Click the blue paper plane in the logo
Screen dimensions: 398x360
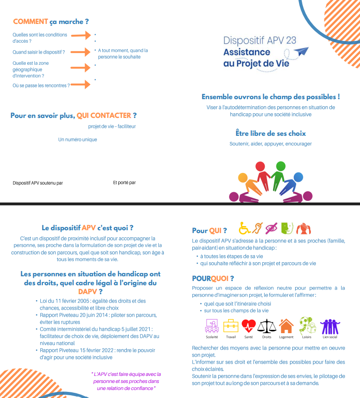[303, 51]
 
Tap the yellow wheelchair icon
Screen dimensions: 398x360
[245, 228]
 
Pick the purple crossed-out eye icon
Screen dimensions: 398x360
[271, 228]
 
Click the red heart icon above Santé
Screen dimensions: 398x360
[249, 325]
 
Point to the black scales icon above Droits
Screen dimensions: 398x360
[267, 325]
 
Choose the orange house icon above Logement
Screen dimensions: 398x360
[286, 325]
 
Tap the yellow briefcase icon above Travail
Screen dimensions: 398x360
[230, 325]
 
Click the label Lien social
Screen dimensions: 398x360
[329, 337]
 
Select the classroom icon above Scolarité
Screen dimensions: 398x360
[212, 325]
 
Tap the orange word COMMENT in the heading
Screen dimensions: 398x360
[31, 22]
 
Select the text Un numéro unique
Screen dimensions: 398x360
[77, 140]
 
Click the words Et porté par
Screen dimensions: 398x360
[124, 182]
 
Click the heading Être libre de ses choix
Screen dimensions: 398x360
[270, 133]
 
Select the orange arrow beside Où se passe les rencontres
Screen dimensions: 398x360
[80, 85]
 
